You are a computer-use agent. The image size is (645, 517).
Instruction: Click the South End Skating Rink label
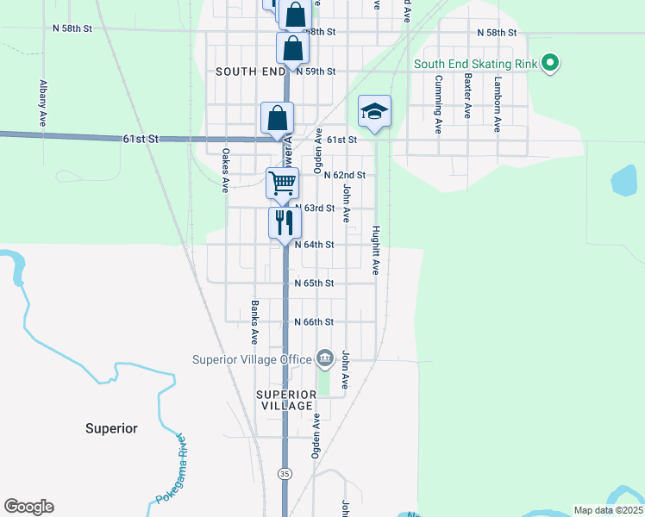click(476, 64)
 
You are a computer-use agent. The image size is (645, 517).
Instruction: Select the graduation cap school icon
click(374, 111)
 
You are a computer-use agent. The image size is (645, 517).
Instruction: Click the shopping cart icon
click(282, 184)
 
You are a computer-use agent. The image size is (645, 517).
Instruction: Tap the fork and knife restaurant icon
click(284, 223)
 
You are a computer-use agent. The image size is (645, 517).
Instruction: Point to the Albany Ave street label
click(42, 104)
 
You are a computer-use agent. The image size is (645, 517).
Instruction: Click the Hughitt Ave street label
click(376, 251)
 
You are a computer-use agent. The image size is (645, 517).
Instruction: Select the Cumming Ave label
click(439, 104)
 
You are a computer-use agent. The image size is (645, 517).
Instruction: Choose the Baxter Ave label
click(468, 95)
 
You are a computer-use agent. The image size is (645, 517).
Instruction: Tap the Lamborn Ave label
click(498, 104)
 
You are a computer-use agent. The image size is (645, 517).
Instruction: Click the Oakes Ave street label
click(226, 171)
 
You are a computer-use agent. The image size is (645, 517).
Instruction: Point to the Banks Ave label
click(254, 321)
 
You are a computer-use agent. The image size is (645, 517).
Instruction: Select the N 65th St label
click(314, 283)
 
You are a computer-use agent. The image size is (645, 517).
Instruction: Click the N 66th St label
click(314, 321)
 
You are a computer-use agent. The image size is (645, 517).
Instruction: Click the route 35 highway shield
click(285, 473)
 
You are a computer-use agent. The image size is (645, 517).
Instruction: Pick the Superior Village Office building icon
click(324, 358)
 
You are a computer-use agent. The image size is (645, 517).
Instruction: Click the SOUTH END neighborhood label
click(250, 72)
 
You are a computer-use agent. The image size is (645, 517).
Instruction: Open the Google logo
click(28, 507)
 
